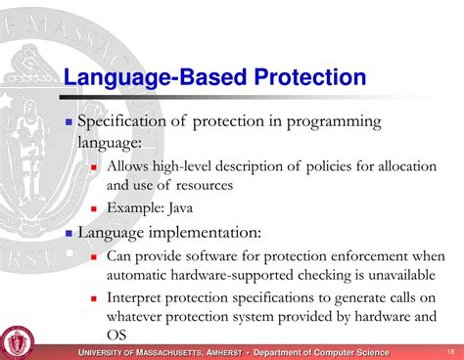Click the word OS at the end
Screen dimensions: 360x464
117,335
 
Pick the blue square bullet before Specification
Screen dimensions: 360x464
69,122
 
